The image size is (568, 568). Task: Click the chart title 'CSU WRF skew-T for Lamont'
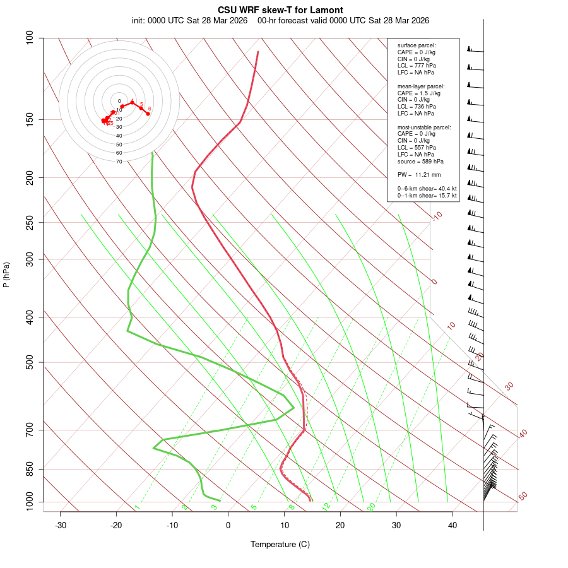(280, 10)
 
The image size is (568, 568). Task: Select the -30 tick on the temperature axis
(61, 525)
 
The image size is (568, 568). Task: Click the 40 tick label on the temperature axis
(453, 525)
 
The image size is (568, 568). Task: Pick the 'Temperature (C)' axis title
(280, 544)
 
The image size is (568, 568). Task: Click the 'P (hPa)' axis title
(6, 275)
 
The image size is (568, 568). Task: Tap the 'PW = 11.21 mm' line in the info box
(418, 175)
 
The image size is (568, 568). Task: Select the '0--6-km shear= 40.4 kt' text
(427, 188)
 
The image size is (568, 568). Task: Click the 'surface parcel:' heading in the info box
(417, 45)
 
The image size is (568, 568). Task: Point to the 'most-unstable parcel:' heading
(424, 127)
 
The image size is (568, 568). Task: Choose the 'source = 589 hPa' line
(420, 162)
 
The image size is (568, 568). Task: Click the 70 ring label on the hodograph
(119, 162)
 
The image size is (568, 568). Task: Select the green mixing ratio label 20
(372, 507)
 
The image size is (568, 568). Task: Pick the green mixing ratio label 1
(137, 507)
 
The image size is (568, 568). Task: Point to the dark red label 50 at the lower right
(523, 497)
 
